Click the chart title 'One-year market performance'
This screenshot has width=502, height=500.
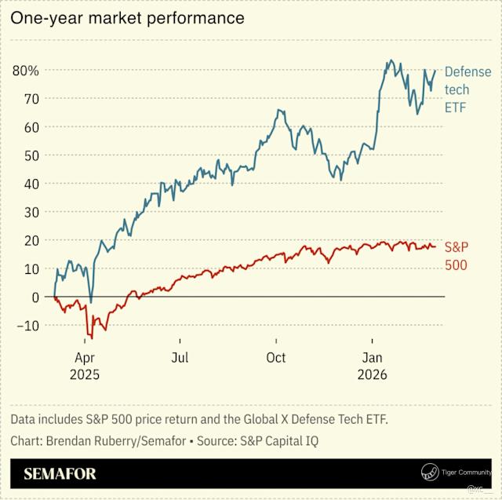coord(127,17)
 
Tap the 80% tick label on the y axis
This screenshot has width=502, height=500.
coord(26,71)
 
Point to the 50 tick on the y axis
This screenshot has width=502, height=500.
coord(31,155)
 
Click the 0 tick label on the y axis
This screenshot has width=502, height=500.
coord(35,297)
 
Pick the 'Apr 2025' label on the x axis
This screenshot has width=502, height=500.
coord(84,367)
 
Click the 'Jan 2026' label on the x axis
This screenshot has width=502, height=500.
coord(372,367)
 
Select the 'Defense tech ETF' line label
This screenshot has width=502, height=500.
coord(467,89)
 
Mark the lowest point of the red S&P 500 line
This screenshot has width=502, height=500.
coord(91,338)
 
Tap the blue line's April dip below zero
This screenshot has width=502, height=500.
coord(91,302)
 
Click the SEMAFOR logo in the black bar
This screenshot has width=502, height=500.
coord(60,474)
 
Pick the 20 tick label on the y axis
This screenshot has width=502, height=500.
coord(31,241)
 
